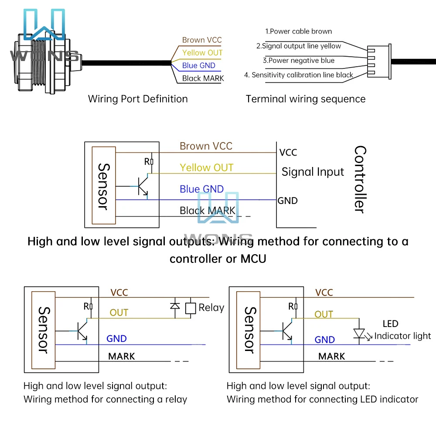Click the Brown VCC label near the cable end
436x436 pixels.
click(x=202, y=40)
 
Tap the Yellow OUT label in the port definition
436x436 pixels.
click(x=202, y=53)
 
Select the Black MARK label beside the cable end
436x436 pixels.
click(x=203, y=78)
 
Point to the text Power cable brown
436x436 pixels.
click(x=299, y=31)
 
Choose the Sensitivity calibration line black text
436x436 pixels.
click(x=299, y=75)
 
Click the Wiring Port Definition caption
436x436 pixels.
click(x=138, y=99)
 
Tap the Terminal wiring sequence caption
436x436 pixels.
click(x=306, y=99)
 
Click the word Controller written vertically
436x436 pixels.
click(x=360, y=179)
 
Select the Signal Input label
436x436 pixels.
click(x=313, y=172)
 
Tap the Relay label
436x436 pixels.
click(x=211, y=308)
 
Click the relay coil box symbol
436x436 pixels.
click(x=190, y=308)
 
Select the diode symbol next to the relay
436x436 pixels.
click(x=175, y=305)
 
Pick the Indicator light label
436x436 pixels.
click(x=402, y=336)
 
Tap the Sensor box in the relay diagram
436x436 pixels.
click(x=45, y=330)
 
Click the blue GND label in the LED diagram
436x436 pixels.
click(x=325, y=340)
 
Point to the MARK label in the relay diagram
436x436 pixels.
click(x=122, y=356)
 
